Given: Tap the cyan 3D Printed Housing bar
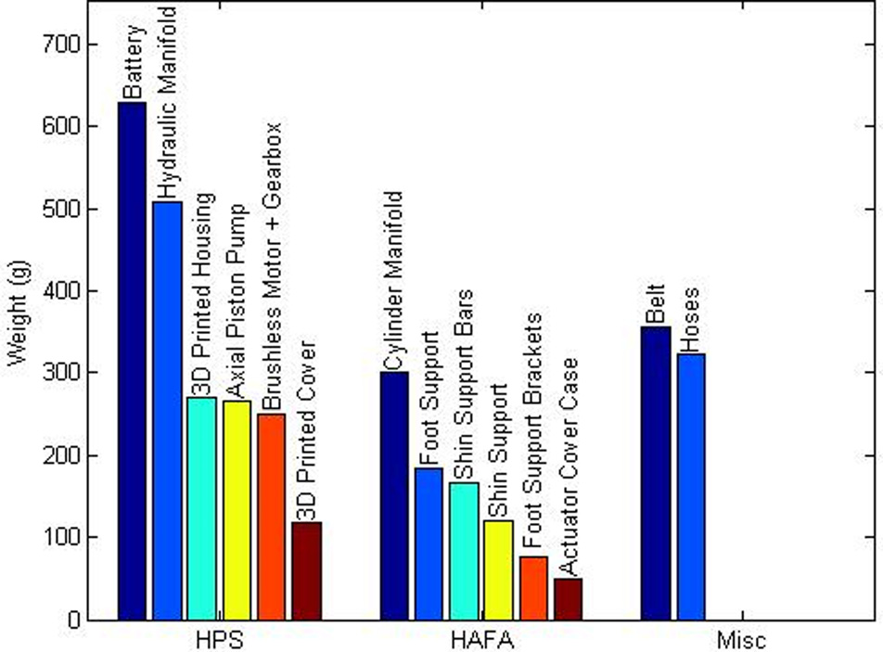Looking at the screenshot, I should coord(202,508).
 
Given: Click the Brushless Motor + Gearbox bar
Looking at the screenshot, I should coord(272,517).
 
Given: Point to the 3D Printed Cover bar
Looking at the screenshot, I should coord(307,570).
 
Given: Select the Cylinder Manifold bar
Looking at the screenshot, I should coord(395,495).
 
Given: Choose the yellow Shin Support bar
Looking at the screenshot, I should coord(499,569).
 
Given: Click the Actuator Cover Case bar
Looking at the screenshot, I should coord(568,598).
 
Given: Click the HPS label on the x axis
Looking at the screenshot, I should coord(221,639).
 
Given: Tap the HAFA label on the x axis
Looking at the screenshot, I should coord(481,639).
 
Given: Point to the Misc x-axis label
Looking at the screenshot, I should coord(742,639).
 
